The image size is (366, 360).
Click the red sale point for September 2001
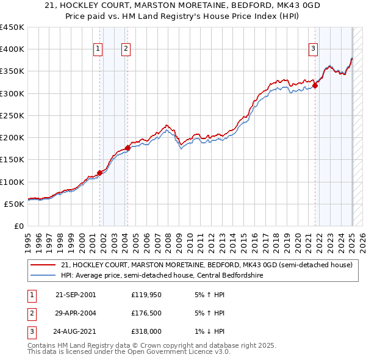pos(100,173)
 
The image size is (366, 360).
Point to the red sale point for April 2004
pos(127,148)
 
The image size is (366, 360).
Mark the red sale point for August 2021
pos(315,85)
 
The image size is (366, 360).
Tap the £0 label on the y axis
pos(18,226)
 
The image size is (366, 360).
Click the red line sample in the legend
pos(42,265)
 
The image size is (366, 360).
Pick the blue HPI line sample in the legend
pos(42,276)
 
